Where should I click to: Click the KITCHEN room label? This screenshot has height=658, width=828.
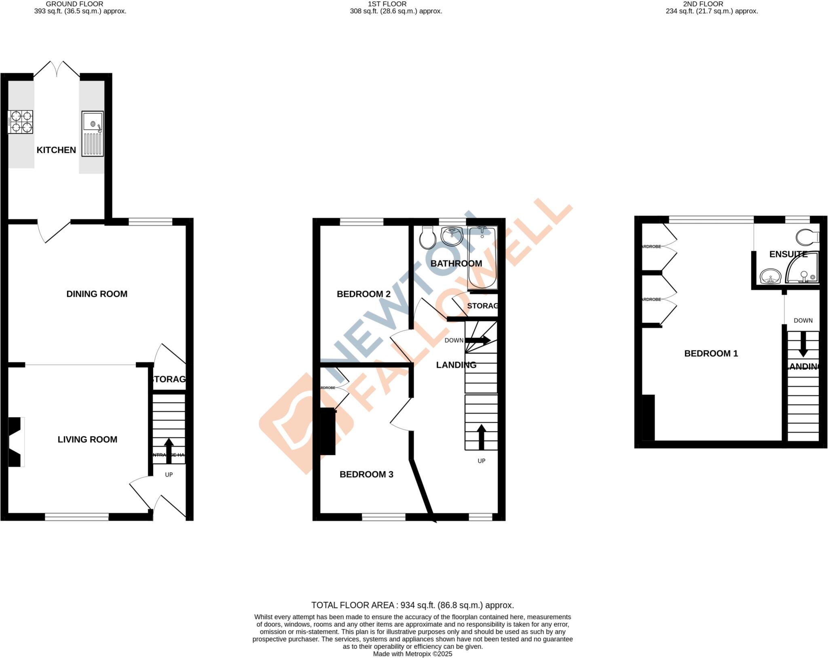click(x=56, y=150)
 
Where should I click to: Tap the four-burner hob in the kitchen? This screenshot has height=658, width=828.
click(x=20, y=122)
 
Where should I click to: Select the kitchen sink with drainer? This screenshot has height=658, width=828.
click(x=93, y=134)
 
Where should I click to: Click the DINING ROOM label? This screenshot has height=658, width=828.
click(x=97, y=294)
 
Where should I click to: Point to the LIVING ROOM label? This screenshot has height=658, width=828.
click(x=87, y=439)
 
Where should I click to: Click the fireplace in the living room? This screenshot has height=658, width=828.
click(x=15, y=442)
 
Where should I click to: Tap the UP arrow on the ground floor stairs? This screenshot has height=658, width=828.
click(x=169, y=448)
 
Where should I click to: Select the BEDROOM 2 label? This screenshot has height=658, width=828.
click(x=363, y=294)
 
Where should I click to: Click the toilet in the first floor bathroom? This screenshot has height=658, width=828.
click(x=427, y=238)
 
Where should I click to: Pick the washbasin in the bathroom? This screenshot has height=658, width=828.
click(x=452, y=236)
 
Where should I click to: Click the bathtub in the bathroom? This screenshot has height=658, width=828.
click(x=482, y=258)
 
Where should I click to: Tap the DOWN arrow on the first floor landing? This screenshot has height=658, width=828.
click(x=477, y=341)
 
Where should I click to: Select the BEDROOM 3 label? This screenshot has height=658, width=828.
click(x=366, y=474)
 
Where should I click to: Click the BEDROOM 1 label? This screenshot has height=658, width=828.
click(x=711, y=353)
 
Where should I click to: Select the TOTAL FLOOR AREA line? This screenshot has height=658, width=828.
click(x=412, y=605)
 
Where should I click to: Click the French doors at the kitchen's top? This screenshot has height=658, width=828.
click(x=57, y=69)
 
